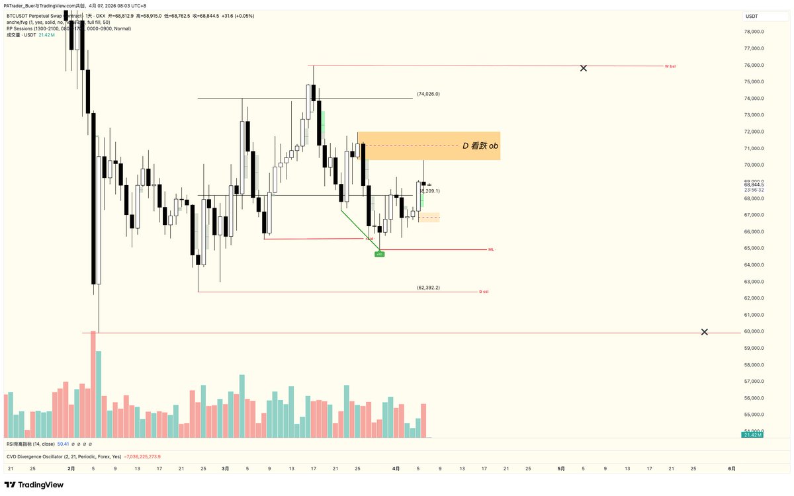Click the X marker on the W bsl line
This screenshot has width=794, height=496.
[x=583, y=68]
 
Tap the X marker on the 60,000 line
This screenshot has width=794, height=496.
[x=704, y=332]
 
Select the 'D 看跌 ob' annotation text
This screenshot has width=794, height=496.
[x=480, y=145]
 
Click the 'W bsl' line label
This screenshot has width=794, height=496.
[x=670, y=66]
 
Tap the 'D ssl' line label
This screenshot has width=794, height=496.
[x=484, y=291]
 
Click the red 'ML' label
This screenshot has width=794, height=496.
[x=491, y=249]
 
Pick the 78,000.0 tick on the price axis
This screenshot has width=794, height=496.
[x=754, y=32]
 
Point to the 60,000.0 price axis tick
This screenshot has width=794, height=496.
[x=754, y=331]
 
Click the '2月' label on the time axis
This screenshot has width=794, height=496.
[x=71, y=468]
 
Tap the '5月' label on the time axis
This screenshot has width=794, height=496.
[x=561, y=468]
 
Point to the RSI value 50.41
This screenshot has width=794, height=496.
[x=64, y=444]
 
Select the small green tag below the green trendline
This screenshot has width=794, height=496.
[x=379, y=254]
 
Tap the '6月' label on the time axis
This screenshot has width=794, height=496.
[x=732, y=468]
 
